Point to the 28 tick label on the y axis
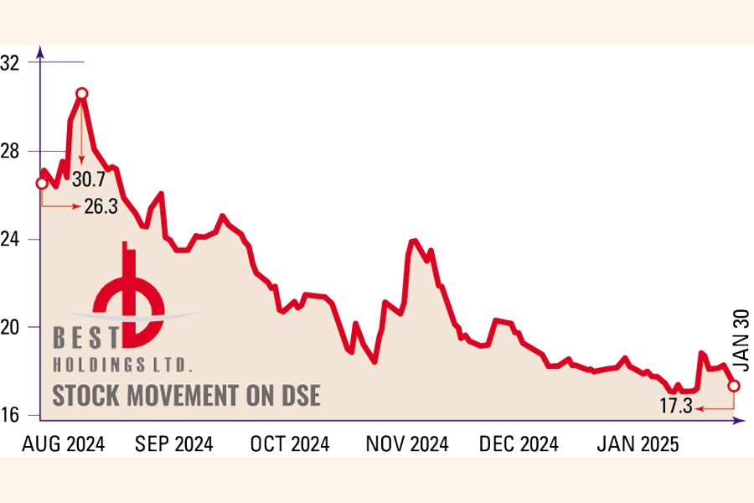tap(13, 151)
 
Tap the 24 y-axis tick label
tap(13, 239)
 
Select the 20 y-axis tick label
tap(13, 326)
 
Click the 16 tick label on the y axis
tap(13, 414)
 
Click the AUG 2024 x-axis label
tap(64, 444)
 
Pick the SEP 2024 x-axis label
tap(174, 444)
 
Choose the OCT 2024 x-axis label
tap(290, 444)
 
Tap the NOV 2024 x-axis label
tap(406, 444)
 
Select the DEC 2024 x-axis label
tap(519, 444)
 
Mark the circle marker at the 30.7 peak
tap(81, 94)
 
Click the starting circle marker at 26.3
tap(41, 183)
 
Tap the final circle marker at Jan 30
tap(734, 386)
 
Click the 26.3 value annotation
tap(101, 205)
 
